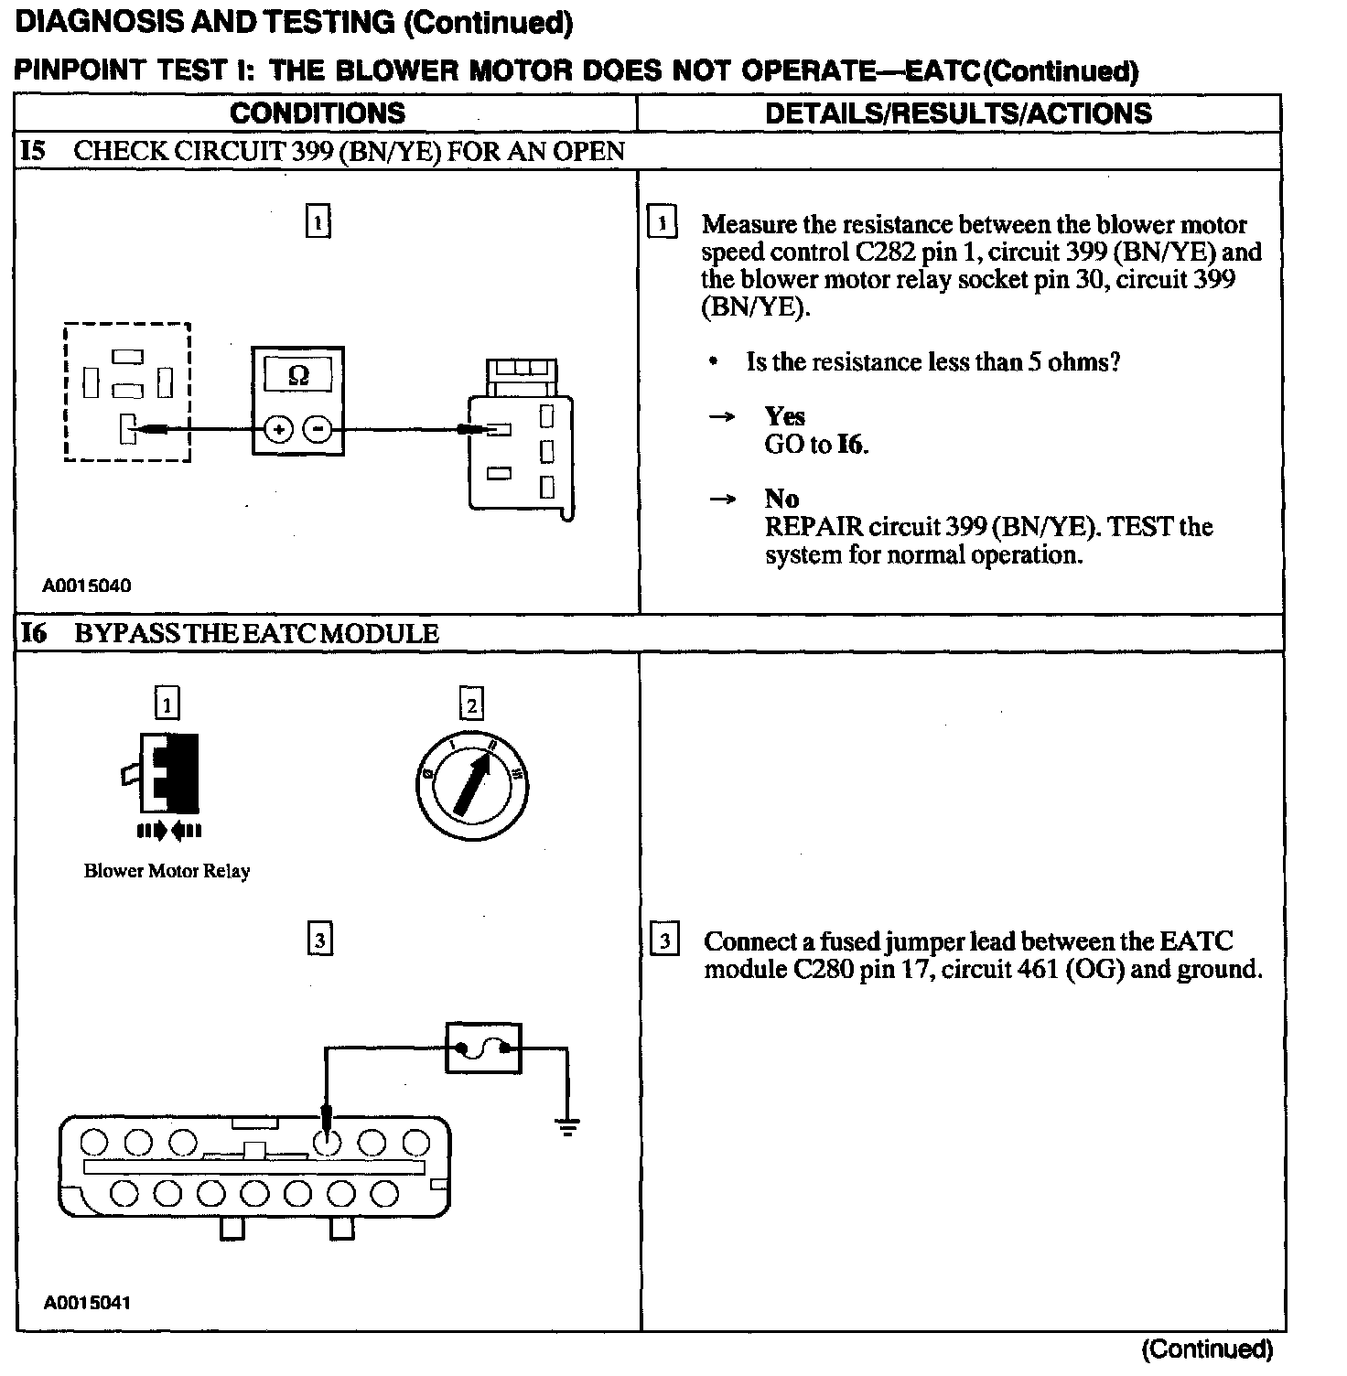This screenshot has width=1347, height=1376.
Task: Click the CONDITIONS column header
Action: coord(318,113)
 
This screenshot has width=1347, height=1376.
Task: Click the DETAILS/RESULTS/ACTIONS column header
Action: coord(958,113)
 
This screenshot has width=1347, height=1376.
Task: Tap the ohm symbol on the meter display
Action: coord(298,375)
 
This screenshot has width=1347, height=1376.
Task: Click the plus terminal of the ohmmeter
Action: coord(279,428)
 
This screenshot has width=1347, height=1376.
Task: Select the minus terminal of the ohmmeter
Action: coord(318,428)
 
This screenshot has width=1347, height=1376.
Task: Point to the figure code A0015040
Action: coord(87,585)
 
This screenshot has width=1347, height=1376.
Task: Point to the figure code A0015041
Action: coord(87,1302)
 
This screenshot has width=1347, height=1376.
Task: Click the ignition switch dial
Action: coord(471,784)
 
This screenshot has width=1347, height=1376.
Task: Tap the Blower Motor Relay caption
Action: coord(167,871)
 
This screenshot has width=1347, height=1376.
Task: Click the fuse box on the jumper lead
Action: coord(483,1048)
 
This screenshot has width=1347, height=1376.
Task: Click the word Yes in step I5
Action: coord(784,416)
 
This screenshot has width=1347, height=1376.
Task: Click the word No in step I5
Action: coord(781,499)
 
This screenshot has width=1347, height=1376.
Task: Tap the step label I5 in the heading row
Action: coord(33,151)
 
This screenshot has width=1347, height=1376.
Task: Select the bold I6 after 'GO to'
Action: coord(851,445)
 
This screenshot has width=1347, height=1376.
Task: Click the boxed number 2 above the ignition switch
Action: coord(471,705)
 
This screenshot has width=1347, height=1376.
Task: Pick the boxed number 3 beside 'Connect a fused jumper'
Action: coord(663,941)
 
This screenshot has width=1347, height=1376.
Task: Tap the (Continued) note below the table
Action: coord(1206,1349)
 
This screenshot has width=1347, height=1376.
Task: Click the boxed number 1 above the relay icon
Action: coord(167,704)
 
